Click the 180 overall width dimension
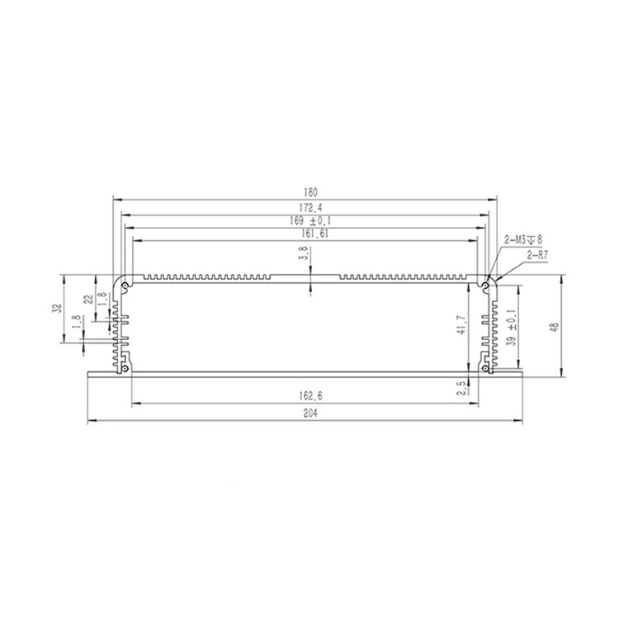click(x=310, y=192)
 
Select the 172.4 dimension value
click(x=310, y=207)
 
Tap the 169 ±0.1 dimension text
click(x=310, y=220)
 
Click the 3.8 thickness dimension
click(x=303, y=253)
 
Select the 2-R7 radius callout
click(x=537, y=255)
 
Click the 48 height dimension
click(x=555, y=327)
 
